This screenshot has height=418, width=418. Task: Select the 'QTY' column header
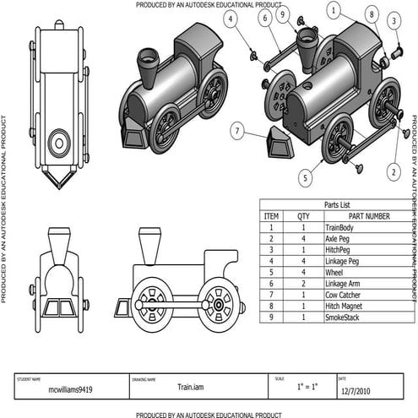point(305,216)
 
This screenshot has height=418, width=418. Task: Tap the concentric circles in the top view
point(58,143)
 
